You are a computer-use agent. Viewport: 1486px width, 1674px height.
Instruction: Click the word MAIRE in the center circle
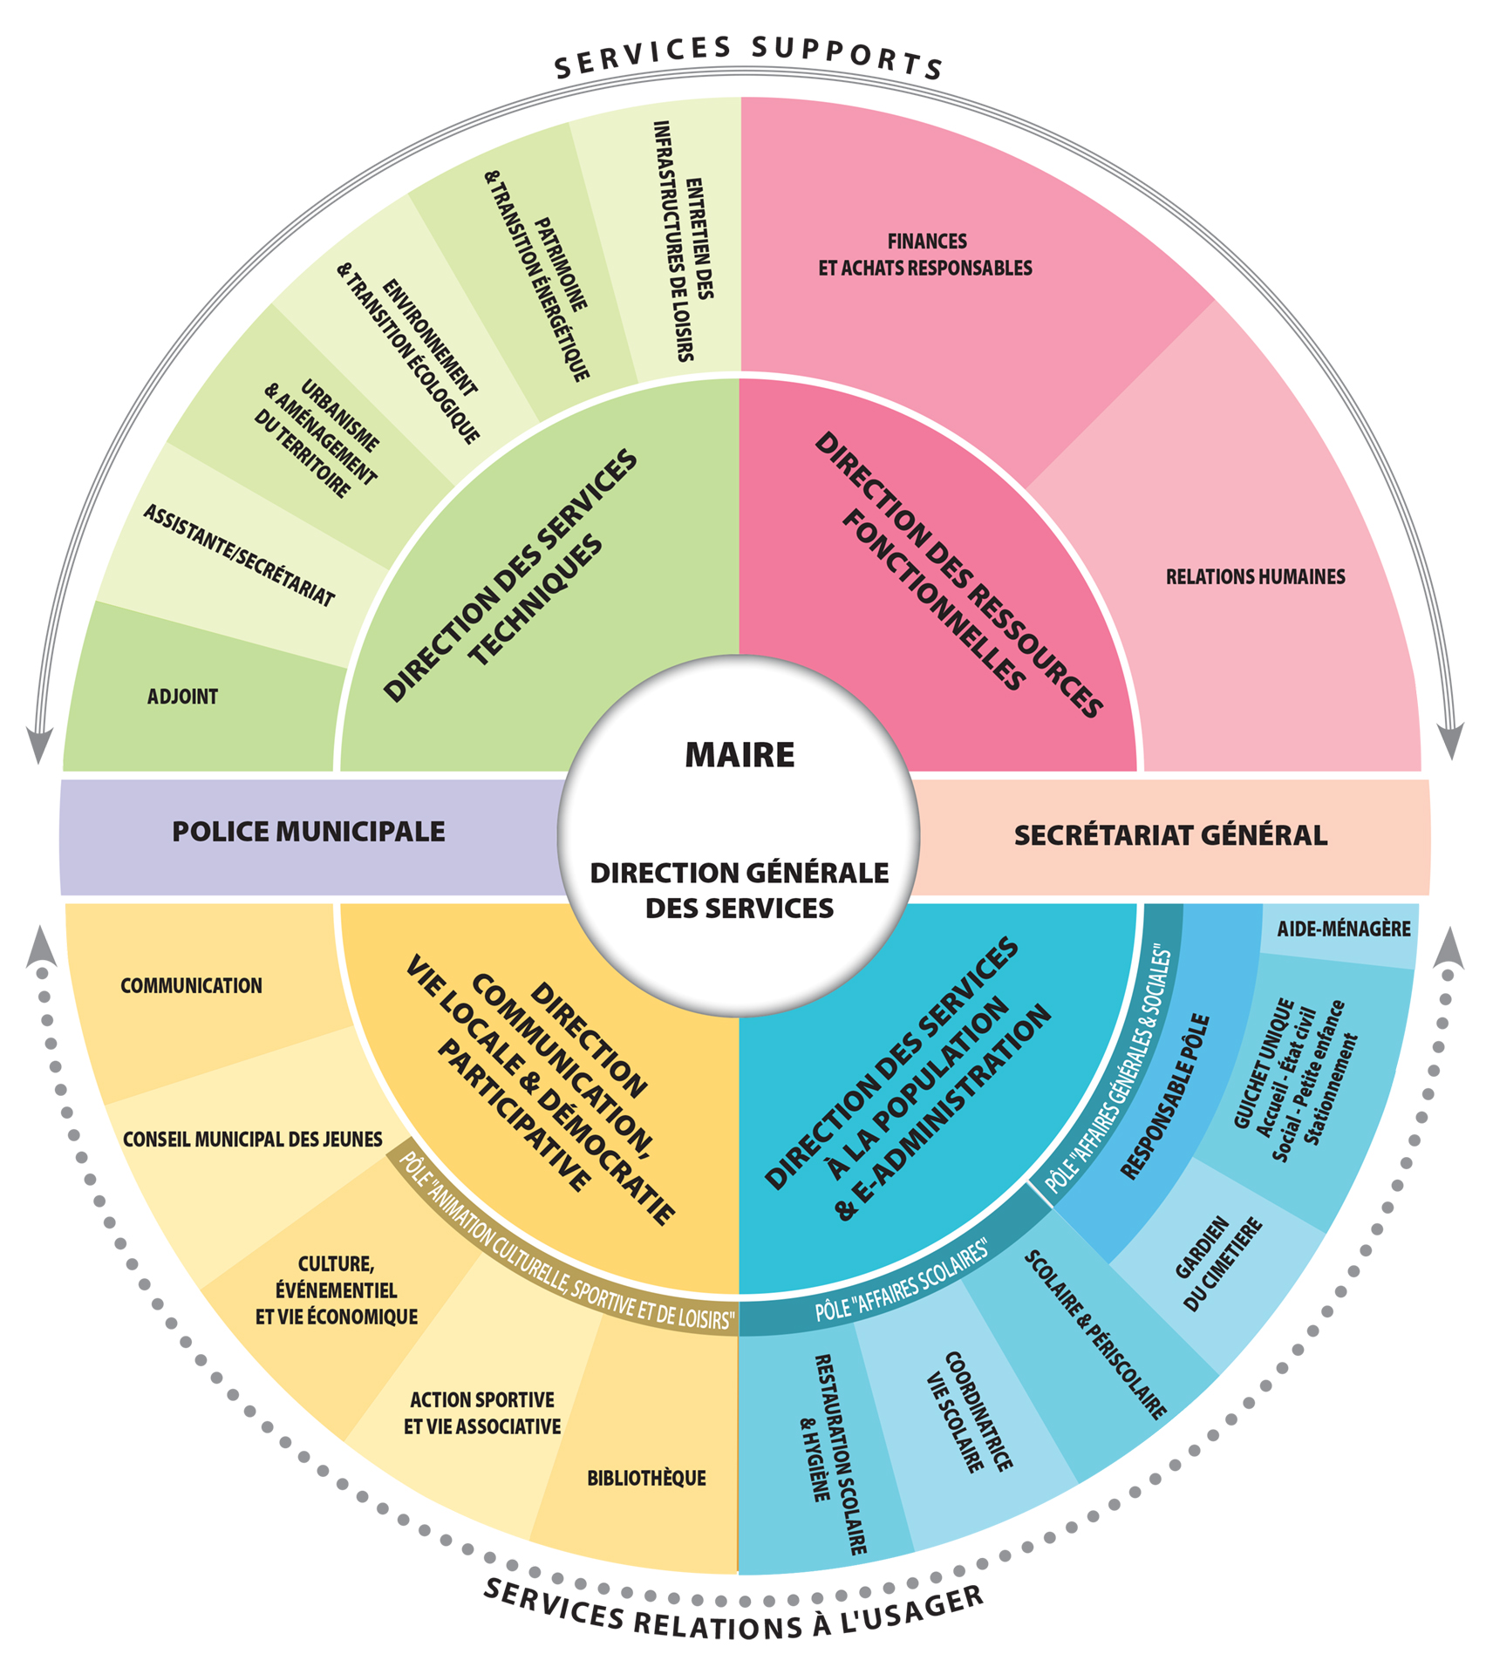(x=740, y=755)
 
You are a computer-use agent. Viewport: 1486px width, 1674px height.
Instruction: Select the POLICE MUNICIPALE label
(x=308, y=832)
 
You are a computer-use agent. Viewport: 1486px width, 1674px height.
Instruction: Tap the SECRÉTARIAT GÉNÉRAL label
(x=1170, y=835)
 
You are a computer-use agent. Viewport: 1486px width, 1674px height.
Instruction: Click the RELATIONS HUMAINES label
(x=1255, y=576)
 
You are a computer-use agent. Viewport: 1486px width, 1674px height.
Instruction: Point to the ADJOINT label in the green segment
(x=182, y=697)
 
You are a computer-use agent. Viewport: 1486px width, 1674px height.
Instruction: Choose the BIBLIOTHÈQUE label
(x=646, y=1479)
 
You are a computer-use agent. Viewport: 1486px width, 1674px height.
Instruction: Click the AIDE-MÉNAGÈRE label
(x=1343, y=929)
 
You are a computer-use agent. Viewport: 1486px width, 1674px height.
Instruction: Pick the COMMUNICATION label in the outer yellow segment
(x=191, y=986)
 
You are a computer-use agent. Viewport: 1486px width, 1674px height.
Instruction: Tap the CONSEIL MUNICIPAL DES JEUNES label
(x=252, y=1140)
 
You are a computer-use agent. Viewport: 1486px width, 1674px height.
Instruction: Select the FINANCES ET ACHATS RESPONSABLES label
(x=925, y=255)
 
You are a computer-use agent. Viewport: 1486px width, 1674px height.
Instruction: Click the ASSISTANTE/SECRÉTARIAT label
(x=239, y=555)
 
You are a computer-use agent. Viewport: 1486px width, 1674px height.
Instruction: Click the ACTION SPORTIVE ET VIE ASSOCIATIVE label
(x=482, y=1413)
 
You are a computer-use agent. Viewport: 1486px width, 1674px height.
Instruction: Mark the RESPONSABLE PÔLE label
(x=1165, y=1097)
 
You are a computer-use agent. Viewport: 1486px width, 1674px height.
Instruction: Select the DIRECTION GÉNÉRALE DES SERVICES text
(x=740, y=890)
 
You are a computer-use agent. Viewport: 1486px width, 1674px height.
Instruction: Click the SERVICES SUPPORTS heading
(x=748, y=56)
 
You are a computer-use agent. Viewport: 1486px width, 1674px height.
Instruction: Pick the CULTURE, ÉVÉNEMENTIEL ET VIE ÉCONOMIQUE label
(x=337, y=1290)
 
